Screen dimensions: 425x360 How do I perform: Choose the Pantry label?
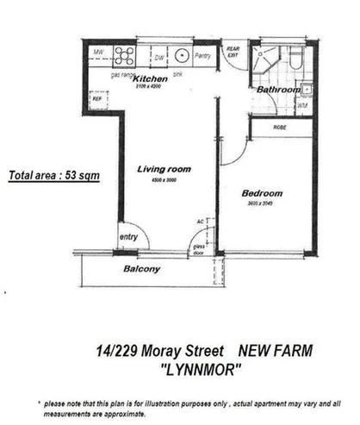204,57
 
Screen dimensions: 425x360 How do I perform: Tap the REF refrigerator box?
96,99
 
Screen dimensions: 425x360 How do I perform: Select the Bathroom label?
276,89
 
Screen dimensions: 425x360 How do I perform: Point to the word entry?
129,237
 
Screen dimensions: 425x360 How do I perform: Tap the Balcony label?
142,268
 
